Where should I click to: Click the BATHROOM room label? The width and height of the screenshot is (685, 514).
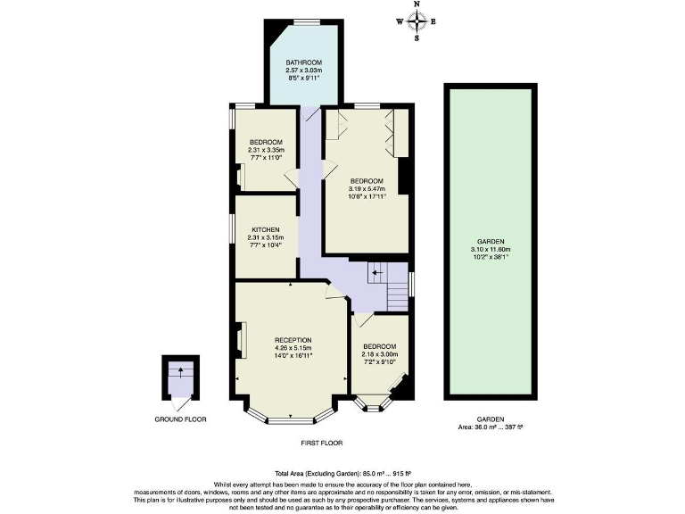(303, 62)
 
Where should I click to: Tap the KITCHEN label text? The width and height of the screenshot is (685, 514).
(266, 229)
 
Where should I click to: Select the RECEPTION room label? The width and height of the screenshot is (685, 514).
(293, 340)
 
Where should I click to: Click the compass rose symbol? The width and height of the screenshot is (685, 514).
(417, 21)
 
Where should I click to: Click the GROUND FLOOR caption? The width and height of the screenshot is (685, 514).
(181, 418)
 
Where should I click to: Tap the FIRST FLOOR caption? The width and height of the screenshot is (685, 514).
(321, 443)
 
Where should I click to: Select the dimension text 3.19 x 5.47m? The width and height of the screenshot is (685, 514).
(366, 188)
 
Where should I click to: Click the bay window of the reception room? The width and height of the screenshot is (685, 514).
(291, 412)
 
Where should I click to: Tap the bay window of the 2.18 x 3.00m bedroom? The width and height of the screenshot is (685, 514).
(376, 404)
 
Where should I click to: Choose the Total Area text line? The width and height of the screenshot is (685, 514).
(342, 473)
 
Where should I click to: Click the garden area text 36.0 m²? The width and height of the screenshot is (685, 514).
(491, 427)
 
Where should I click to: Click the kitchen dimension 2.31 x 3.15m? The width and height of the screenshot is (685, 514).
(266, 237)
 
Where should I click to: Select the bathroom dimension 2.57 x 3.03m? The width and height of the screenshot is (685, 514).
(303, 70)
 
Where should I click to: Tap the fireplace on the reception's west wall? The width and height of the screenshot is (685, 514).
(238, 340)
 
